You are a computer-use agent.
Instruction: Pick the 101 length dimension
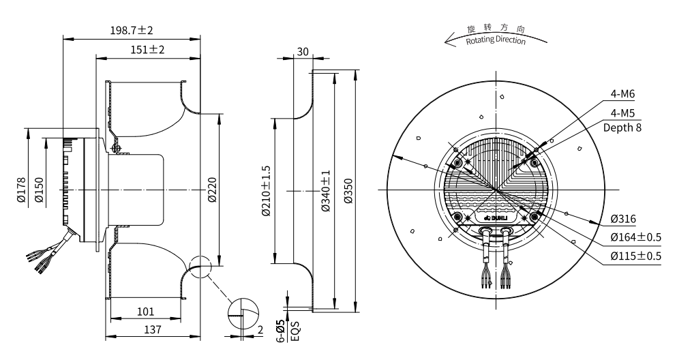pyautogui.click(x=145, y=312)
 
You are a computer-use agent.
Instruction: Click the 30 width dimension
pyautogui.click(x=303, y=52)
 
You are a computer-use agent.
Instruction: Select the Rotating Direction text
pyautogui.click(x=496, y=40)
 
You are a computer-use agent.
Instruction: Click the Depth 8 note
pyautogui.click(x=622, y=127)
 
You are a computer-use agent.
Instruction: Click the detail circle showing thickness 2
pyautogui.click(x=243, y=315)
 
